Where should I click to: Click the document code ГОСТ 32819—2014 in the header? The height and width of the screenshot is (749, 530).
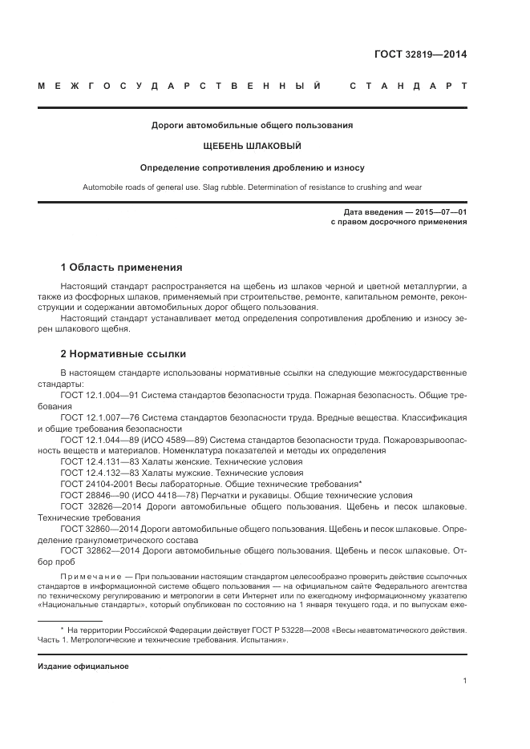(420, 54)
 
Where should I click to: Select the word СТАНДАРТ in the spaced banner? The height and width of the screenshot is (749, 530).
(408, 86)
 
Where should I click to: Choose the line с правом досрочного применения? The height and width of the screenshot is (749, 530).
(399, 222)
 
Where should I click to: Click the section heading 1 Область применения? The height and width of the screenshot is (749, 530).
(122, 267)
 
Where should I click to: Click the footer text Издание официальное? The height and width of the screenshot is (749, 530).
(83, 666)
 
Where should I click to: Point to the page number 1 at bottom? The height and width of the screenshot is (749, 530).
(465, 681)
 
